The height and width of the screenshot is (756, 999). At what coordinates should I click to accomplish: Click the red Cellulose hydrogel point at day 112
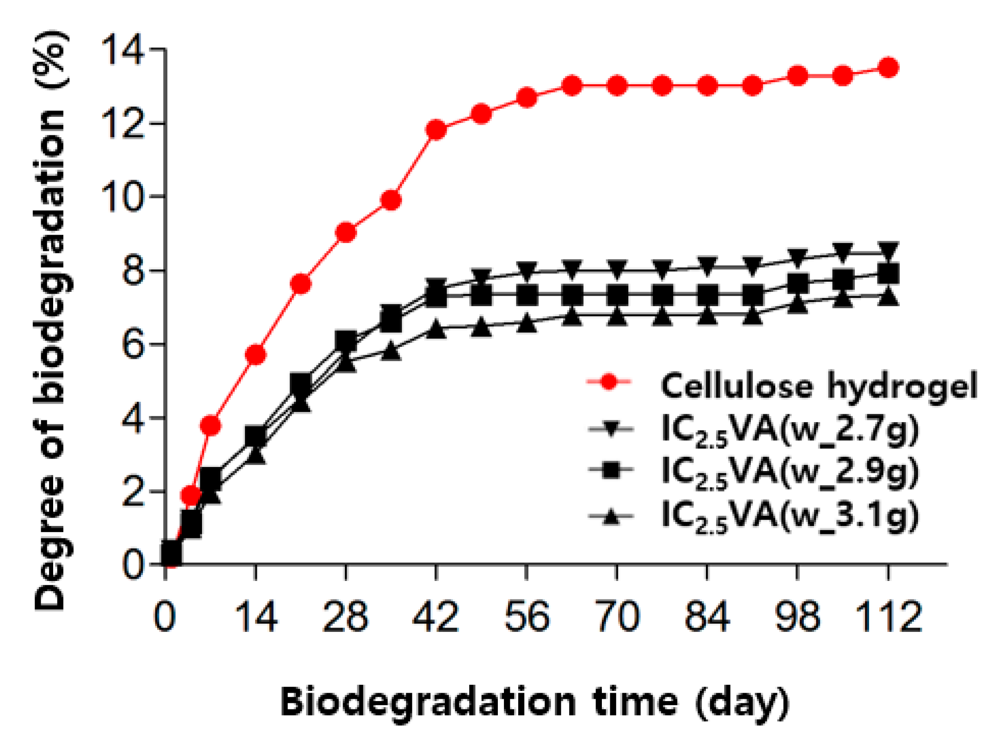click(x=888, y=68)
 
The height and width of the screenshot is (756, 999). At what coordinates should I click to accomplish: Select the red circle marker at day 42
click(x=436, y=130)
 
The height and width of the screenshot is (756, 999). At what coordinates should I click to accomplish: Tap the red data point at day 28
click(x=346, y=232)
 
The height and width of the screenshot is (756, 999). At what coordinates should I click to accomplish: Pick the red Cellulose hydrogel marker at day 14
click(x=256, y=355)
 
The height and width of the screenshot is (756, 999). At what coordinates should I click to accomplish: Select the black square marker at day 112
click(x=888, y=273)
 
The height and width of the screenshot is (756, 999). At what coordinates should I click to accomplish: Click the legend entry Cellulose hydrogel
click(x=819, y=386)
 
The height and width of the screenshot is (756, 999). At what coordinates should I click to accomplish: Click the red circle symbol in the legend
click(x=610, y=382)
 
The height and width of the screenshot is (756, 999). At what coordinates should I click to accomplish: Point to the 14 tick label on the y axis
click(x=122, y=49)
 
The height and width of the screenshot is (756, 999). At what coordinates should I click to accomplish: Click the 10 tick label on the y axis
click(x=122, y=197)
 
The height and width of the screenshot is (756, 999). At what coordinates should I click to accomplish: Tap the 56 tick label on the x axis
click(x=527, y=617)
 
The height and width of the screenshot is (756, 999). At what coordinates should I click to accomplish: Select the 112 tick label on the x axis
click(x=888, y=617)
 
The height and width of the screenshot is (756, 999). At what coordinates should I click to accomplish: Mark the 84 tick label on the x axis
click(x=707, y=617)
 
